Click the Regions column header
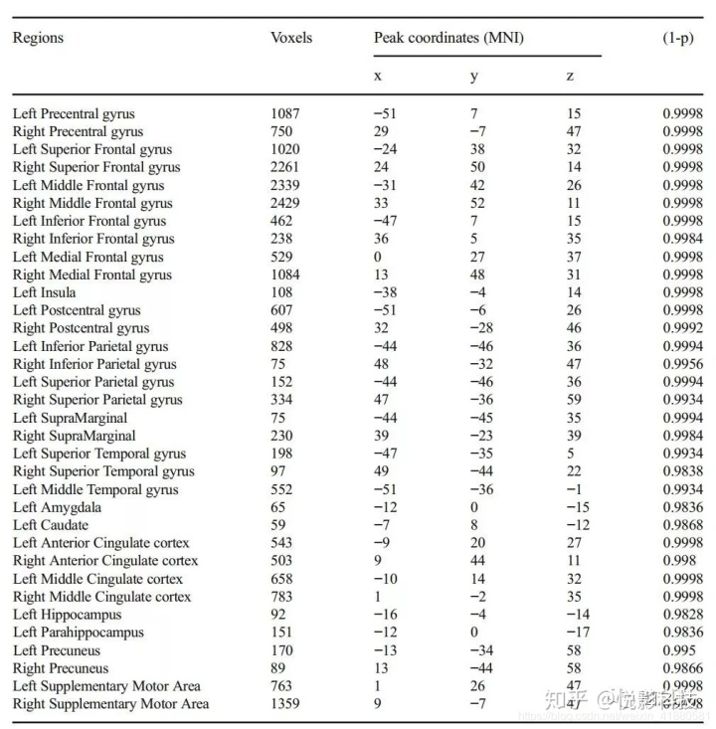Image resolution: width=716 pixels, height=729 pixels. (x=38, y=38)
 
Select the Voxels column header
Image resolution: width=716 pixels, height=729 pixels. (x=290, y=38)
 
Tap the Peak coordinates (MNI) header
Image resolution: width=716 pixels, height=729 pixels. (x=448, y=38)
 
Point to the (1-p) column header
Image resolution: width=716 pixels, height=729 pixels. (x=678, y=38)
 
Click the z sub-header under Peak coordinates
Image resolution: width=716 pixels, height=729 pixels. (x=570, y=77)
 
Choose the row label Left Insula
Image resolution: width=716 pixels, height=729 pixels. (x=44, y=292)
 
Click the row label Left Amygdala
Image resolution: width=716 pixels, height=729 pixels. (x=57, y=507)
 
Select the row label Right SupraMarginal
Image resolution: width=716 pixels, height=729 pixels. (x=75, y=436)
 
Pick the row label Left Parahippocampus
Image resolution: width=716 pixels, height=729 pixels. (x=78, y=633)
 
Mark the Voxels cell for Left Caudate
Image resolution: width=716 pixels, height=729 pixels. (x=278, y=525)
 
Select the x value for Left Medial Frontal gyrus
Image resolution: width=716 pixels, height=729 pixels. (x=378, y=257)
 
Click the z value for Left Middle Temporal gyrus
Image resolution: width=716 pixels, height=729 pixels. (x=573, y=489)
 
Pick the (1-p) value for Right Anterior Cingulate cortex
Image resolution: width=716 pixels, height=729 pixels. (x=679, y=561)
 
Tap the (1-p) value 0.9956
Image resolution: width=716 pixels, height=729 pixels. (x=683, y=364)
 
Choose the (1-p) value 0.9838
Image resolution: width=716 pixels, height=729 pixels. (x=683, y=471)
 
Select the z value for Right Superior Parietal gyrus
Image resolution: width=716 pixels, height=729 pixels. (x=574, y=400)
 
